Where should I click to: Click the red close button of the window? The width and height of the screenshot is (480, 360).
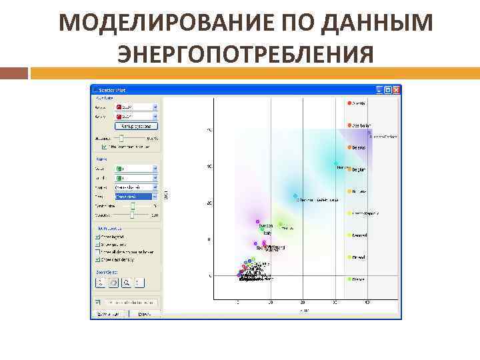click(396, 89)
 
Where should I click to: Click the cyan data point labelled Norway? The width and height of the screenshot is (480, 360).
click(336, 163)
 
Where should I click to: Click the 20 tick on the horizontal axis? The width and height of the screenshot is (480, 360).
click(303, 303)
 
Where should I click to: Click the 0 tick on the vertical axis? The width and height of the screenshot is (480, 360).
click(210, 275)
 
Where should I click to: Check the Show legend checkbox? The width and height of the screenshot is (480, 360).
click(97, 236)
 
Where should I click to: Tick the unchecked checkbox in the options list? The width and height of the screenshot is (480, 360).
click(97, 251)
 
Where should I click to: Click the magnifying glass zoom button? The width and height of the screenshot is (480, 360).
click(125, 283)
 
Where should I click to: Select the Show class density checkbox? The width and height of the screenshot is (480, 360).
click(97, 259)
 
